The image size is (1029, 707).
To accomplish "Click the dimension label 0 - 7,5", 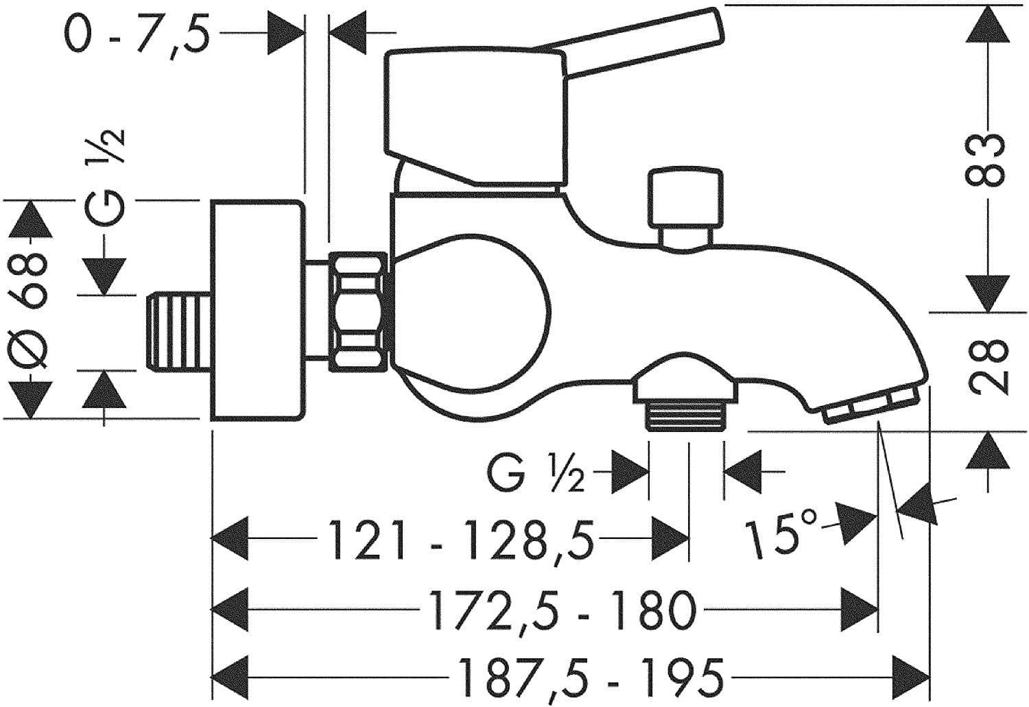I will (135, 33).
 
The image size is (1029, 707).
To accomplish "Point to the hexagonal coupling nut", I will (357, 312).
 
